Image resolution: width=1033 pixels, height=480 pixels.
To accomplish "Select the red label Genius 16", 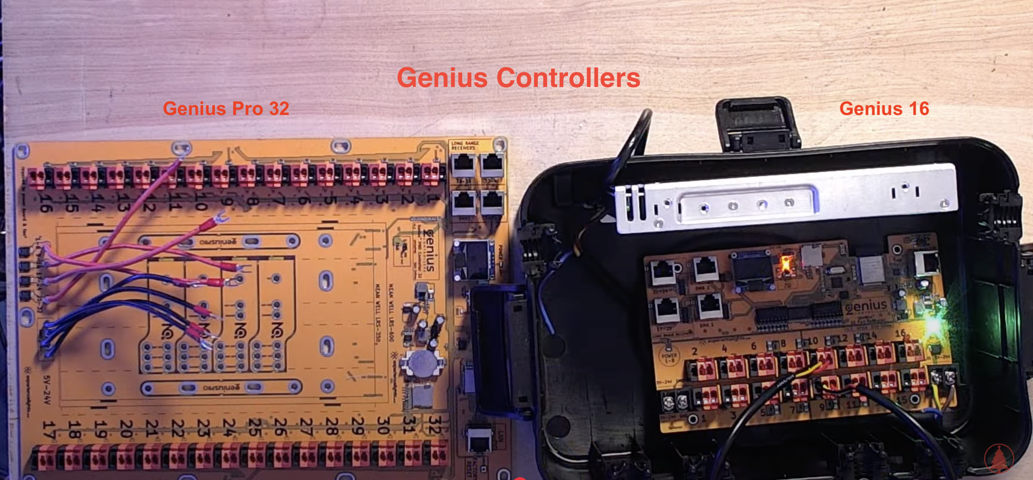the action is pyautogui.click(x=884, y=109).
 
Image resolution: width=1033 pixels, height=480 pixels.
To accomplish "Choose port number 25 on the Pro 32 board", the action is pyautogui.click(x=255, y=427).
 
